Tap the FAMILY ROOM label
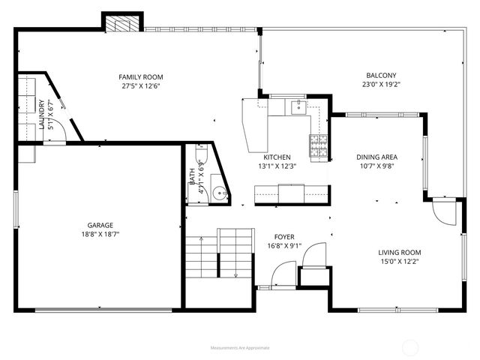pyautogui.click(x=141, y=77)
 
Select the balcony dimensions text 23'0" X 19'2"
pyautogui.click(x=381, y=85)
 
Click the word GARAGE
pyautogui.click(x=100, y=225)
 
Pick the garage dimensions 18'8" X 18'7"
pyautogui.click(x=100, y=234)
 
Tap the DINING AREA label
pyautogui.click(x=376, y=157)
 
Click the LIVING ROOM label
pyautogui.click(x=399, y=253)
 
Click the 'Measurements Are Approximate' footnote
pyautogui.click(x=240, y=348)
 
